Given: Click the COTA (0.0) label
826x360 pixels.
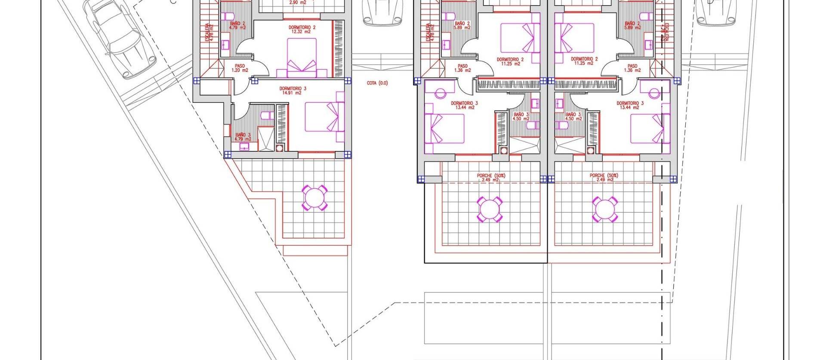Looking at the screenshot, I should click(377, 83).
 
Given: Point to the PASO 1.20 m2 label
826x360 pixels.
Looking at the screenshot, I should click(240, 68).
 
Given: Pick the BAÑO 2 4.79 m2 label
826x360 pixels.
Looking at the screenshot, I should click(237, 25).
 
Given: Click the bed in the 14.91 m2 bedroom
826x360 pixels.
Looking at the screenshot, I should click(325, 117).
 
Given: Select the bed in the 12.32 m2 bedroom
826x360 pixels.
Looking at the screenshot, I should click(302, 58).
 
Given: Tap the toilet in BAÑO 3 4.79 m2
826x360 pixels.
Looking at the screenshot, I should click(266, 115).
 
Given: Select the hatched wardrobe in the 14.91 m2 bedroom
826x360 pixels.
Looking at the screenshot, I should click(282, 124).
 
